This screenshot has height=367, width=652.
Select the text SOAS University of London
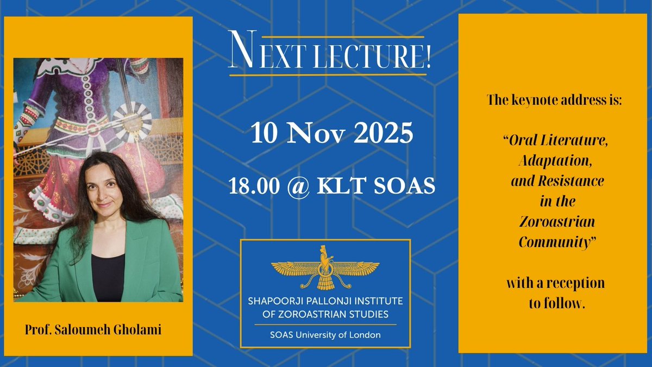(x=325, y=334)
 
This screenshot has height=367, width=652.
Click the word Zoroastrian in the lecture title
(x=557, y=222)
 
